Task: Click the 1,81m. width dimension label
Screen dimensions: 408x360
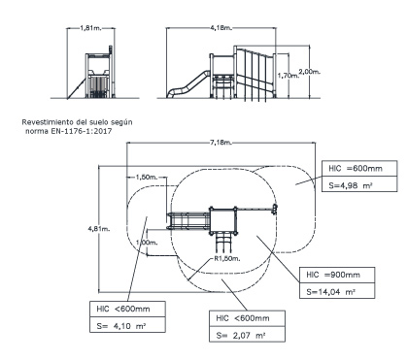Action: [x=90, y=28]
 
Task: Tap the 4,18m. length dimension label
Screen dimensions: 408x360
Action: [x=221, y=28]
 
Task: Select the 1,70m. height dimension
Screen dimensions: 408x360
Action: [x=289, y=76]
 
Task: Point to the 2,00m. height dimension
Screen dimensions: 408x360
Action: [x=310, y=72]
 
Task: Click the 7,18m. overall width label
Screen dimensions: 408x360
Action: [x=221, y=143]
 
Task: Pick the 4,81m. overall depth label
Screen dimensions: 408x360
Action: [x=99, y=229]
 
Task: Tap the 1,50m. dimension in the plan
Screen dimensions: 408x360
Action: [x=147, y=177]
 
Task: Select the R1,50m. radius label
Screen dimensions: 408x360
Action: [x=226, y=258]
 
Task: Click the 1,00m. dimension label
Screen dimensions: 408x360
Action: [x=147, y=243]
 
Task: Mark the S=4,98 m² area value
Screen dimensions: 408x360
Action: [x=350, y=185]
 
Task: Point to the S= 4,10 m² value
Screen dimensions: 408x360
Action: [x=121, y=326]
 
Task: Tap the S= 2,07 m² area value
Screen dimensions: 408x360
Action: [x=241, y=336]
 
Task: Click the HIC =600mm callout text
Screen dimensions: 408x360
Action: [x=356, y=169]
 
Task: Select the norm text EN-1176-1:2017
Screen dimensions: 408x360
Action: [x=82, y=131]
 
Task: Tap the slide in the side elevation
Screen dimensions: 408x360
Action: [x=187, y=84]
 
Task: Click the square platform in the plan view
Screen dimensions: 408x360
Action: [x=222, y=220]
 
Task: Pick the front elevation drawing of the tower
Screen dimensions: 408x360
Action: [x=99, y=72]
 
